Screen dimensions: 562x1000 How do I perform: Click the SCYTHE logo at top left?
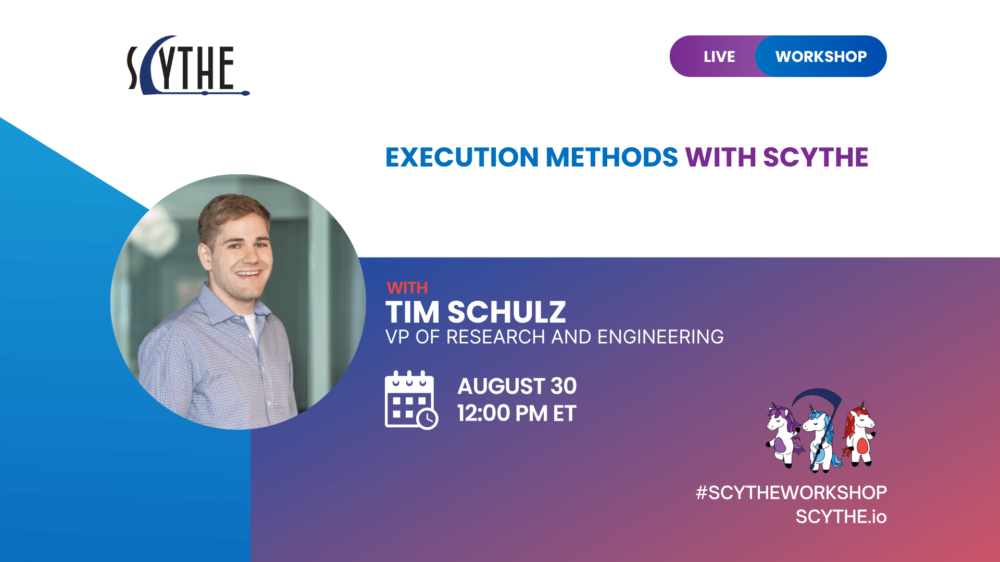tap(187, 67)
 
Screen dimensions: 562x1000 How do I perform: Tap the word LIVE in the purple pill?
tap(719, 56)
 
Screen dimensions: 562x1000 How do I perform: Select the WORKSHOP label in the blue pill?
tap(821, 56)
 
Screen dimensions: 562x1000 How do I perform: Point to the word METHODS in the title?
tap(611, 157)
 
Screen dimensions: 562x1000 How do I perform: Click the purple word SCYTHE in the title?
tap(816, 157)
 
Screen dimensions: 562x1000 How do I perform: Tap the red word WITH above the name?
tap(407, 288)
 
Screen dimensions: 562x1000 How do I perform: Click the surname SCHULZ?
tap(506, 312)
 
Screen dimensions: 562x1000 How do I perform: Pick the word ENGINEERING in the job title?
tap(660, 337)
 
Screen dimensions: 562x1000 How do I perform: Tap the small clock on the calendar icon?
tap(428, 418)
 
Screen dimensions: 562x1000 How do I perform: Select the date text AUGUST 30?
tap(517, 386)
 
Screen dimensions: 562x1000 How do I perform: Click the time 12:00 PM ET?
tap(517, 414)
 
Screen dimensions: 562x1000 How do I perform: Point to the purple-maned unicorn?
tap(782, 435)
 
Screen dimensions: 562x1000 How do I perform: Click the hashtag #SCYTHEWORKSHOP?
tap(791, 492)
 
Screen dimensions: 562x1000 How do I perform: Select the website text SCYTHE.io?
tap(841, 517)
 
